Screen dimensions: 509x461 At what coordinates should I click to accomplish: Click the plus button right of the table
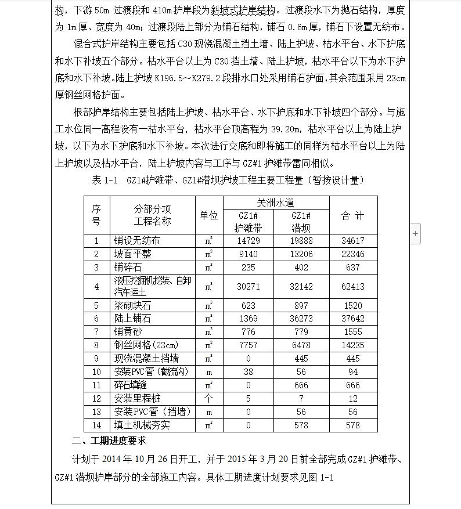click(x=415, y=233)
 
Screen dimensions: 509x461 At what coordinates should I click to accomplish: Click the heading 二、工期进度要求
click(x=108, y=440)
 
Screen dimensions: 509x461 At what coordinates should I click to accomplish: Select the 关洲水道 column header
click(x=276, y=203)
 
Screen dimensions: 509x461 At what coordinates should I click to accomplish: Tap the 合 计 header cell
click(x=353, y=215)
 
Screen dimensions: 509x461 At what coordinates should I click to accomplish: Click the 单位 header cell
click(x=208, y=215)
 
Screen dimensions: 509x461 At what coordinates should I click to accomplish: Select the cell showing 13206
click(x=302, y=254)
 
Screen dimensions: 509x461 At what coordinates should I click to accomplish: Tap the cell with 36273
click(x=302, y=318)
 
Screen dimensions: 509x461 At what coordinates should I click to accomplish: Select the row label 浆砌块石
click(x=133, y=305)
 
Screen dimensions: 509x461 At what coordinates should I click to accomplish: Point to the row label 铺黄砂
click(x=128, y=331)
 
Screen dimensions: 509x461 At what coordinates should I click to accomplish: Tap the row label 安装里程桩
click(x=137, y=399)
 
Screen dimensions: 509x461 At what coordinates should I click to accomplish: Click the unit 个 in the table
click(x=208, y=399)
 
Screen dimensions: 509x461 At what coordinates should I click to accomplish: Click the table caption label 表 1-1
click(x=105, y=181)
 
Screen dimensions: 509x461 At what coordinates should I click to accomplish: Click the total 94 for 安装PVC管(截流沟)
click(x=353, y=372)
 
